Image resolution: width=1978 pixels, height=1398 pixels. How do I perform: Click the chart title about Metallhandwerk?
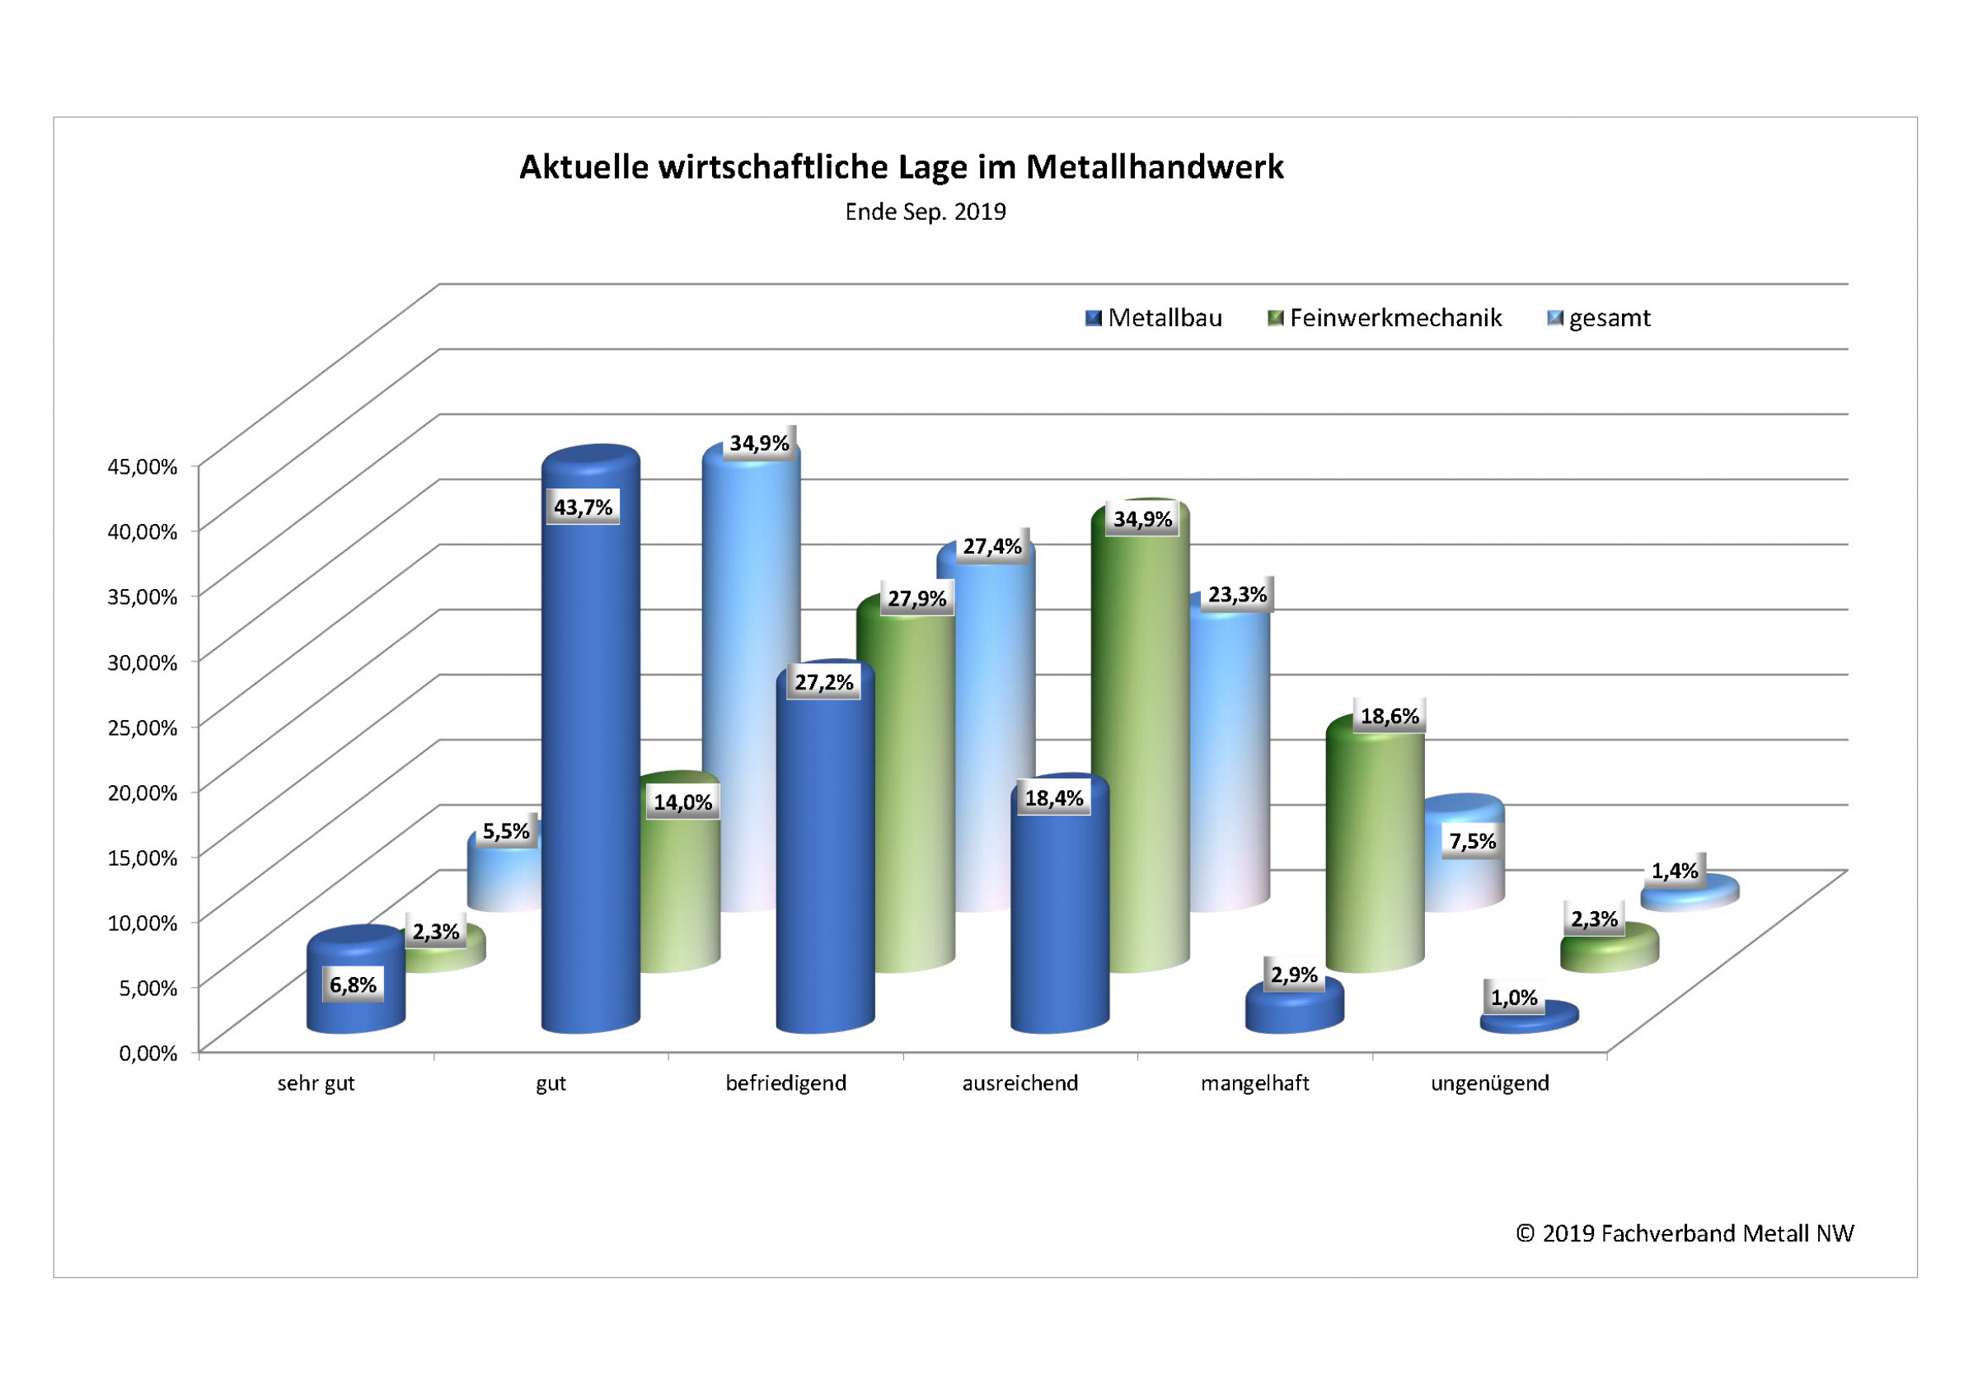[901, 167]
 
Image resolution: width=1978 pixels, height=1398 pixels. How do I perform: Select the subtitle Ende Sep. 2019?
[926, 212]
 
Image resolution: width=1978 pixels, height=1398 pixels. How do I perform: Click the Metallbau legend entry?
[1155, 319]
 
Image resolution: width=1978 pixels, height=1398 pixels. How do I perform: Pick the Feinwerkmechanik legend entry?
[1385, 319]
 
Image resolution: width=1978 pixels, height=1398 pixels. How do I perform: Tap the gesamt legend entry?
[1599, 319]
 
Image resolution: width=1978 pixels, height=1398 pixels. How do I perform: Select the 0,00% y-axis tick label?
[148, 1053]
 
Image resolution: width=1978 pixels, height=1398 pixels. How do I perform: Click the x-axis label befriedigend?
[785, 1083]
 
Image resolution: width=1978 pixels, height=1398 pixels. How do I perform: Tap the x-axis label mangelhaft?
[1254, 1083]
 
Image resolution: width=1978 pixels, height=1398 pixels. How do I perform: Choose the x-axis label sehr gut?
[316, 1083]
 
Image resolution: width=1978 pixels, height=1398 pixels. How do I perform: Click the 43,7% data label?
[584, 507]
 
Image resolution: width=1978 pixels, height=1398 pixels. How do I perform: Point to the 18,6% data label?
[1389, 716]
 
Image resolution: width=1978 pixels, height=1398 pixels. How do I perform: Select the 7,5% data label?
[1472, 841]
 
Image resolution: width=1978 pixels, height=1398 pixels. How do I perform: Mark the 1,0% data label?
[1514, 998]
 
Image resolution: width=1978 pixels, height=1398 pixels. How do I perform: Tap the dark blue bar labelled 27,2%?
[824, 862]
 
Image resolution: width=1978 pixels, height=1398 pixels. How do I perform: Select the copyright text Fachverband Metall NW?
[1685, 1233]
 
